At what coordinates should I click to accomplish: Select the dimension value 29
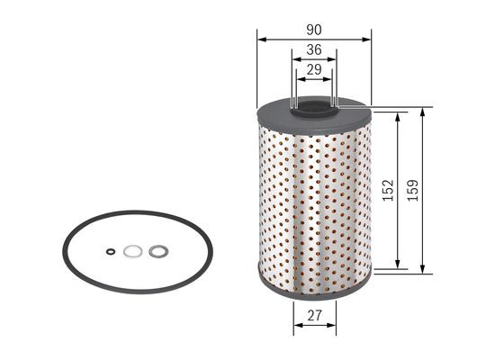(314, 70)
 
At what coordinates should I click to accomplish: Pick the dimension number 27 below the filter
(314, 316)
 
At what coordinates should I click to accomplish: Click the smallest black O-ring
(111, 252)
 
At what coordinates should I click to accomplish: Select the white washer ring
(132, 252)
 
